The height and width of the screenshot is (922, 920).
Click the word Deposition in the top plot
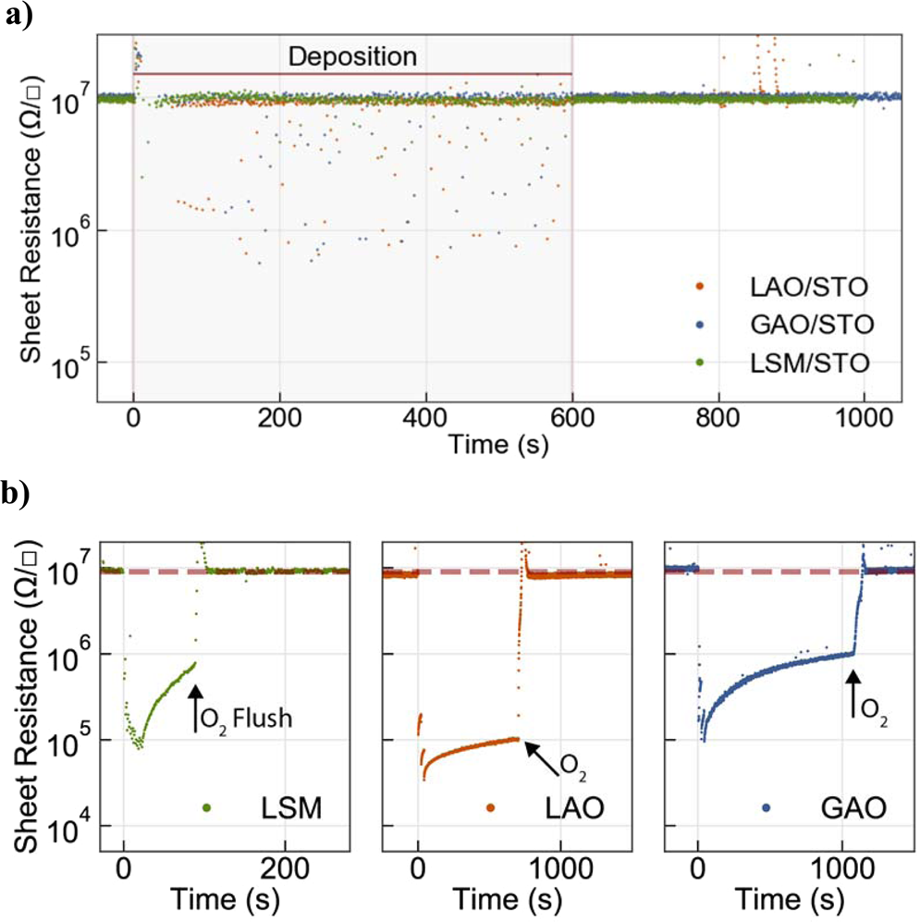tap(352, 56)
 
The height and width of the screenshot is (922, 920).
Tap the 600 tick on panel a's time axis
tap(571, 417)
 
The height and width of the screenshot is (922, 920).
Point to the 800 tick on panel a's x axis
tap(718, 417)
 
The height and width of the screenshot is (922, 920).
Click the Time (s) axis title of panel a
tap(497, 446)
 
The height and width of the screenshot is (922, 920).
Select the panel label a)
tap(19, 16)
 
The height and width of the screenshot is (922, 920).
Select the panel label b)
tap(19, 495)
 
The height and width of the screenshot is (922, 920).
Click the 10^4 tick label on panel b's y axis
tap(70, 825)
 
